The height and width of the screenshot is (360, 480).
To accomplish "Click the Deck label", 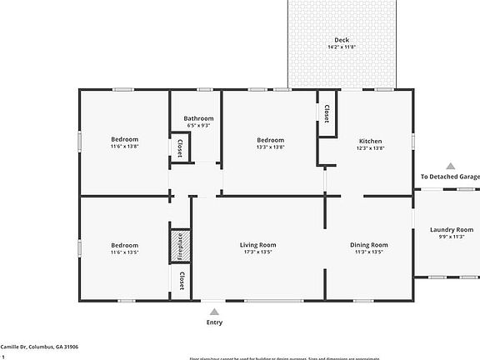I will click(x=342, y=39).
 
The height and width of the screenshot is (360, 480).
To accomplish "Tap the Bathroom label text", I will click(x=198, y=118).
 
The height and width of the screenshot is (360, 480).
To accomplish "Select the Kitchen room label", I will click(x=370, y=140).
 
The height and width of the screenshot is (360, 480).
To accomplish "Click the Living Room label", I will click(x=257, y=244).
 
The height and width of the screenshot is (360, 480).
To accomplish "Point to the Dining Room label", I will click(x=368, y=244).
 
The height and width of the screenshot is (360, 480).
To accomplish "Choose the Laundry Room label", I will click(x=451, y=229).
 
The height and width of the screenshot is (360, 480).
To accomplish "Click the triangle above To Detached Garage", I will click(x=450, y=166).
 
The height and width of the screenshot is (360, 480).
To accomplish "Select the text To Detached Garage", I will click(x=450, y=177).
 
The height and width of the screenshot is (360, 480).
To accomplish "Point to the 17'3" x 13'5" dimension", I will click(x=257, y=252).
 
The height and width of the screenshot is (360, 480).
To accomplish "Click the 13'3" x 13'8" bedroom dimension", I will click(x=270, y=147).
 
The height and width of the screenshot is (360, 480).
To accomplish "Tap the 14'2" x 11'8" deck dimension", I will click(x=342, y=47).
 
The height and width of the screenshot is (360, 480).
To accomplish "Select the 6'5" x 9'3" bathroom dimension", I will click(x=198, y=126).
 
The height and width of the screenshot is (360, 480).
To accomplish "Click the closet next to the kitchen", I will click(x=327, y=114).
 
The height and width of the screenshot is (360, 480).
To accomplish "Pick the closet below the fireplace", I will click(x=181, y=280).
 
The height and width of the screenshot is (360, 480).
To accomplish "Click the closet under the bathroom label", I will click(x=181, y=147).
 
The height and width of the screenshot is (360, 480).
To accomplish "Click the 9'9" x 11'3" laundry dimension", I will click(x=451, y=237).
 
